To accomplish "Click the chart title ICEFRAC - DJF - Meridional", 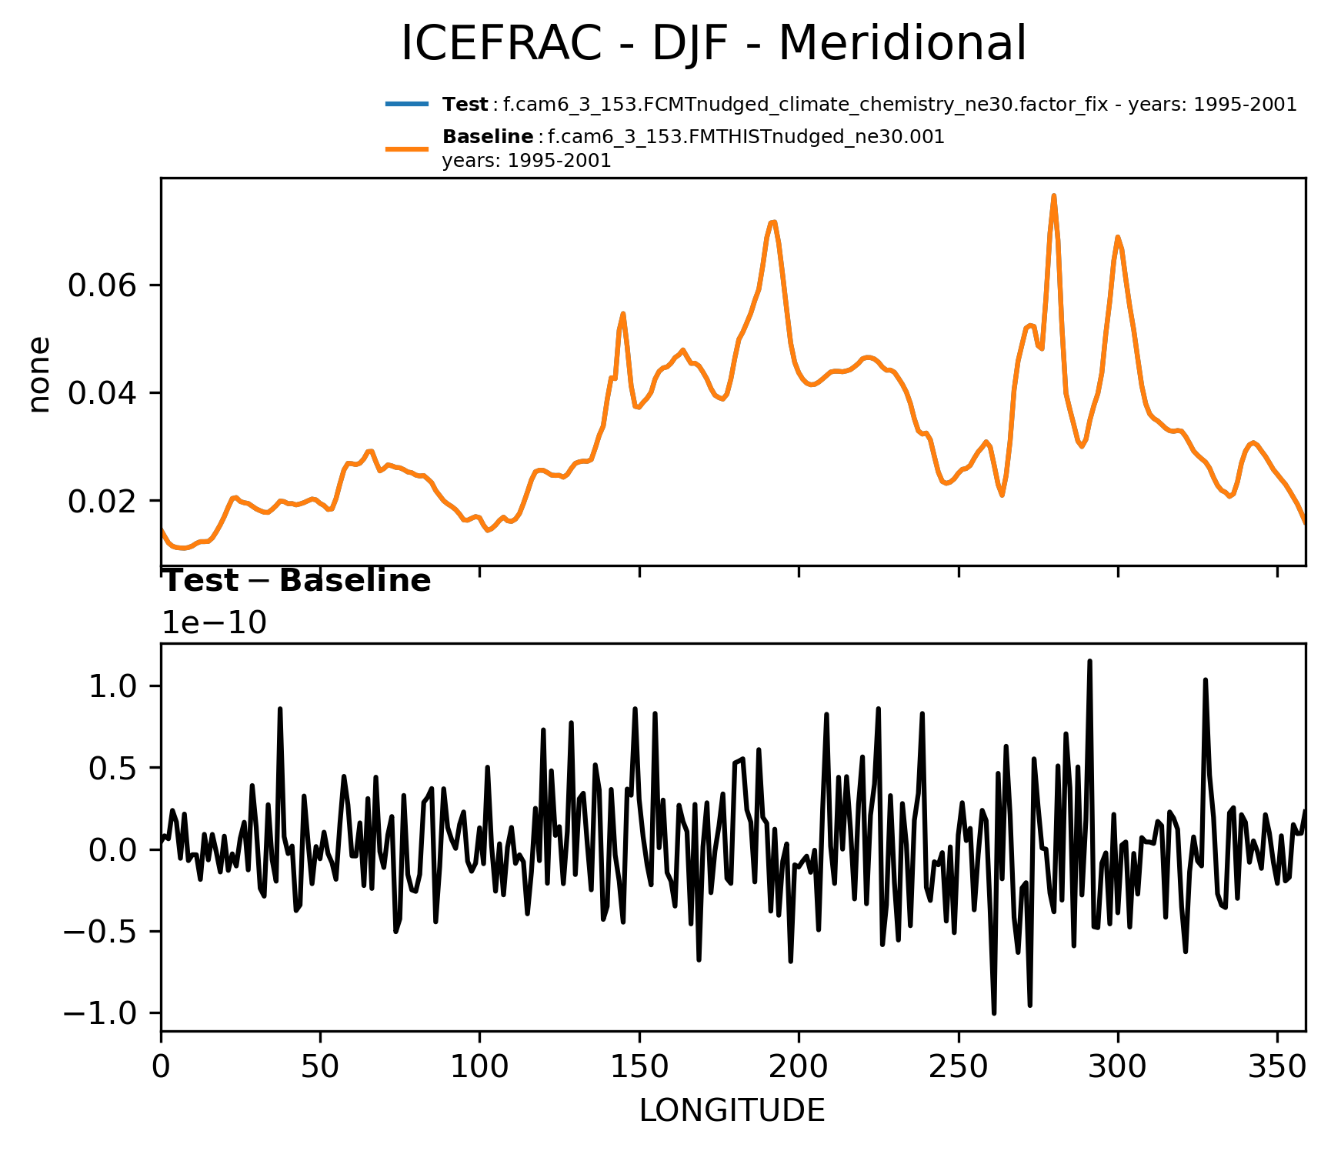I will pos(713,44).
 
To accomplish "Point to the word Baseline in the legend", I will pos(488,137).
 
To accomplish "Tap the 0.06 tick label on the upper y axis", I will pos(102,285).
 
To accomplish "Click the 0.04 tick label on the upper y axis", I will pos(102,393).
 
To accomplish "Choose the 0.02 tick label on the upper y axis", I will pos(102,502).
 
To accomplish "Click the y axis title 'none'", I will pos(39,375).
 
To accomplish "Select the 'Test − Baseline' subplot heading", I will pos(296,581).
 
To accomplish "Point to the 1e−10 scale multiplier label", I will pos(214,623).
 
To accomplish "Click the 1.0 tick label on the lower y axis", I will pos(115,686).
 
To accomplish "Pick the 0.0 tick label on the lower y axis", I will pos(115,850).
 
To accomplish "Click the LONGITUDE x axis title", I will pos(732,1110).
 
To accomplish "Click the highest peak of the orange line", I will pos(1054,196).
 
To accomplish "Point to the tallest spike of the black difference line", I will pos(1090,661).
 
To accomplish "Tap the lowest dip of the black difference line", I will pos(994,1013).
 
